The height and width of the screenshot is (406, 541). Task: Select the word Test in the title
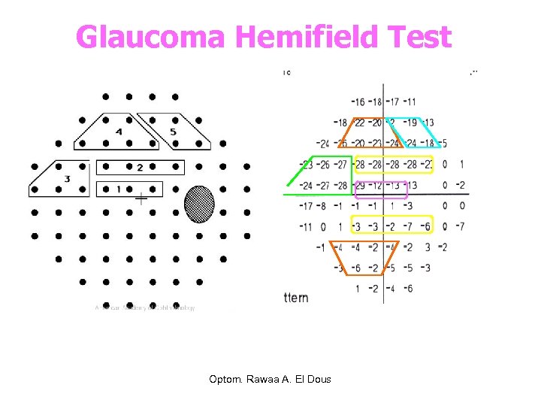[x=417, y=36]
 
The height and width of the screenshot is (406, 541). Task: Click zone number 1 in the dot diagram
[x=119, y=189]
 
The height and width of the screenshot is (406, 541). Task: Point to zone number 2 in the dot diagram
[x=140, y=168]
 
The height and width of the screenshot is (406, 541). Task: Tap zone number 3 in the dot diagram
[x=68, y=179]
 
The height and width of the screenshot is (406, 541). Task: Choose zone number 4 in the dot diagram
[x=118, y=132]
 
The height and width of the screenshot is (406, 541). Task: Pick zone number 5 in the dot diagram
[x=173, y=132]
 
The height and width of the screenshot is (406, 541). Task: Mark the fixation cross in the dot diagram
[x=141, y=199]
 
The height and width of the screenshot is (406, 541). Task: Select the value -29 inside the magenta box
[x=360, y=185]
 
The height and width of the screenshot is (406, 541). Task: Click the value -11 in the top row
[x=410, y=101]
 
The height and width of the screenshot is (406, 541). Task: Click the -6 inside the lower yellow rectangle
[x=426, y=226]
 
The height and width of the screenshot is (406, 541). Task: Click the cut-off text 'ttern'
[x=295, y=298]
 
